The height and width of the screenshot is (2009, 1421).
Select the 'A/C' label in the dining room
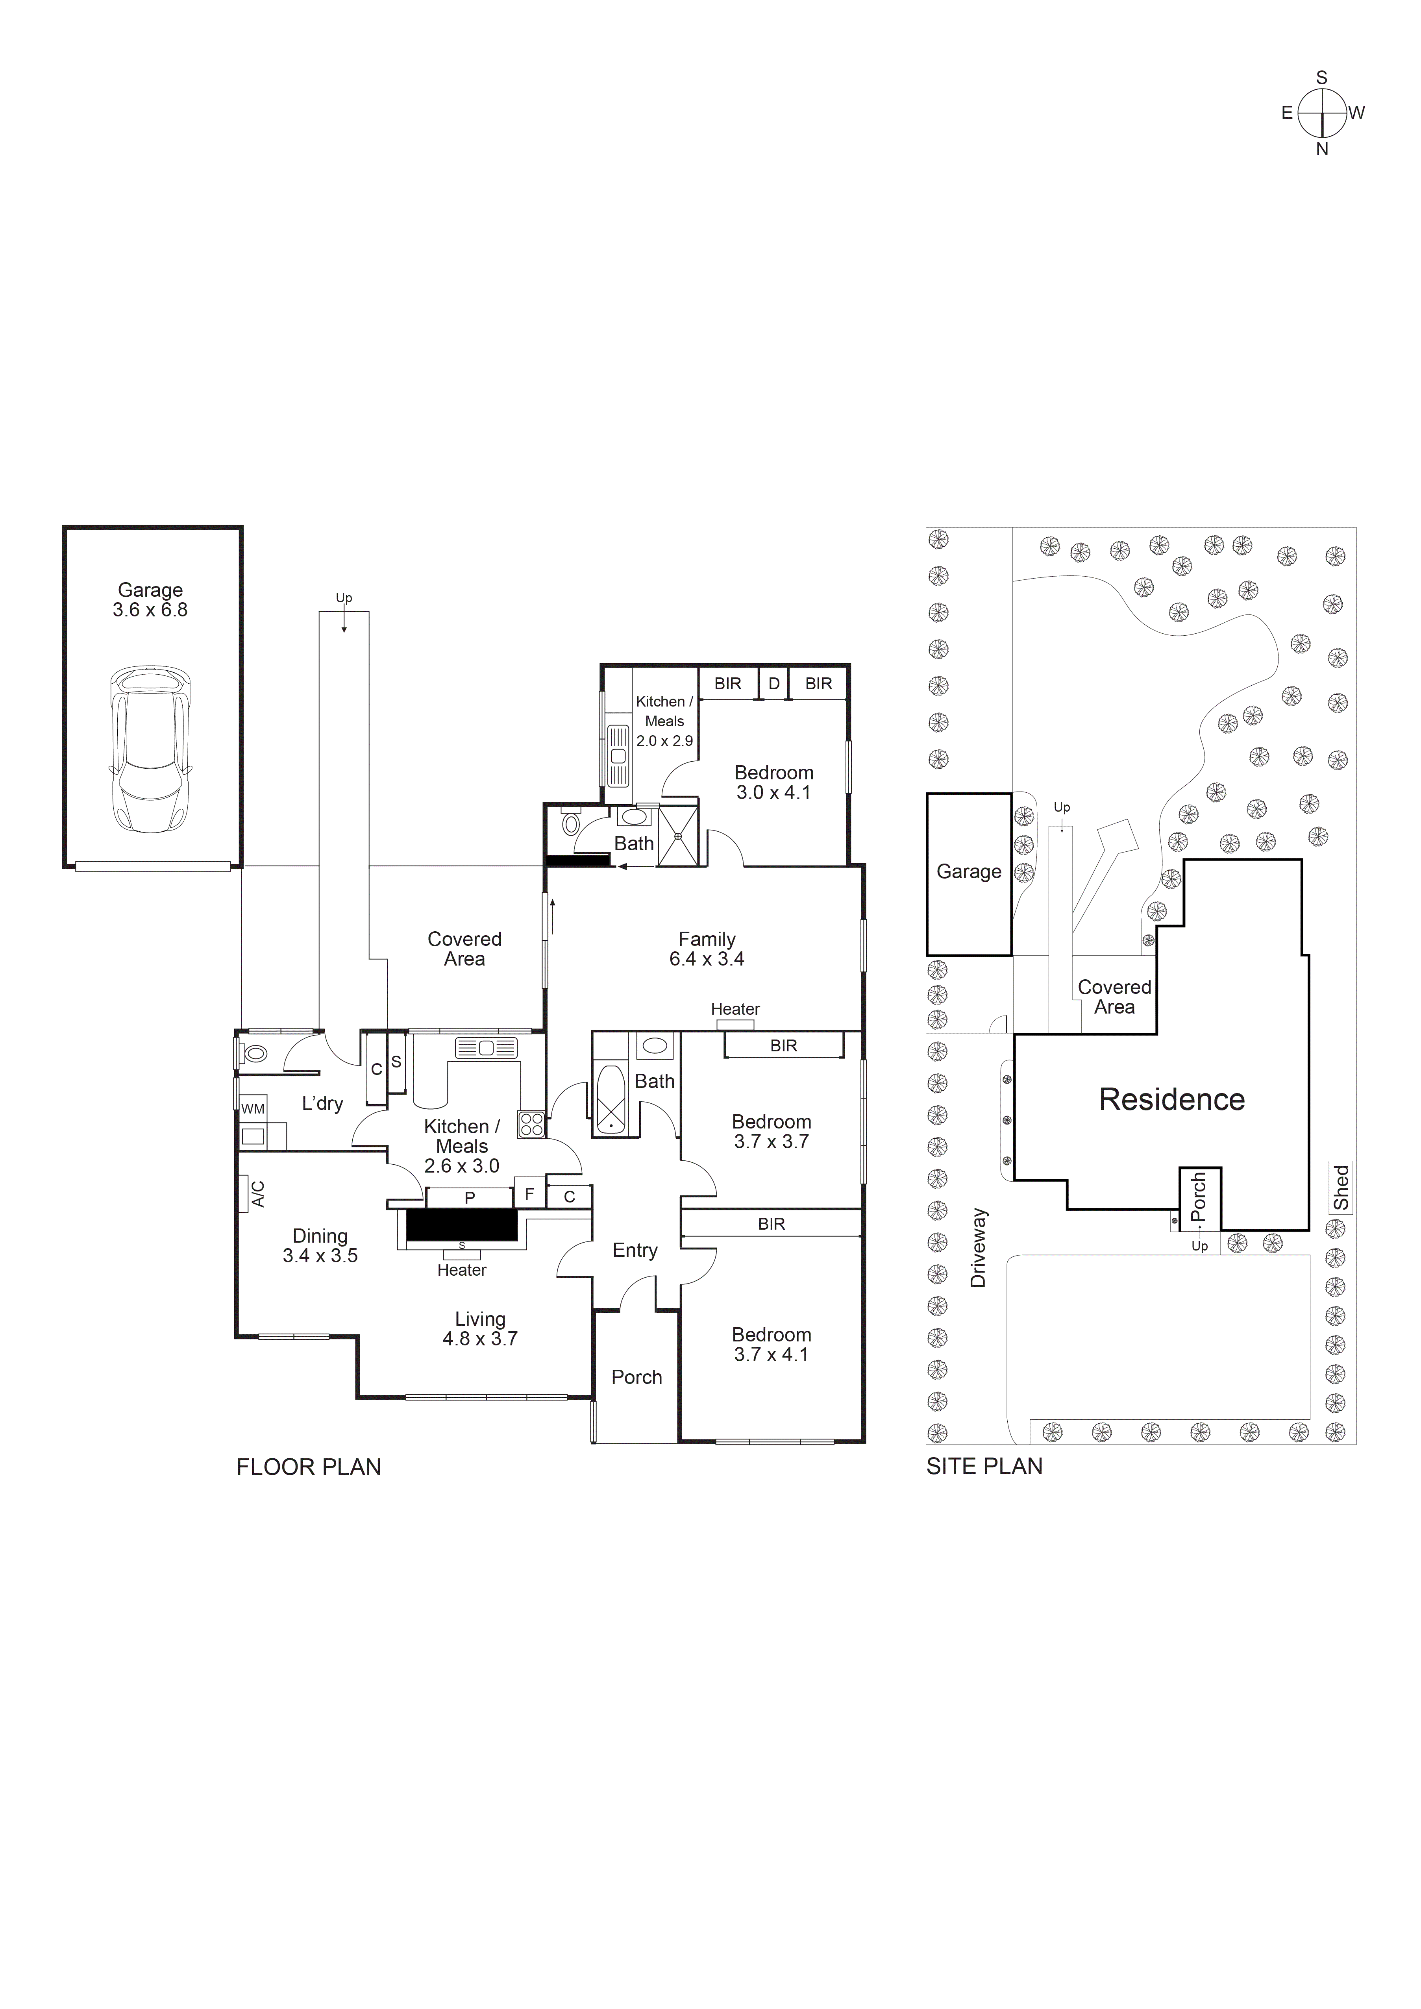click(x=258, y=1194)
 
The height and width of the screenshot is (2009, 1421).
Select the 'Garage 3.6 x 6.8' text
click(x=150, y=600)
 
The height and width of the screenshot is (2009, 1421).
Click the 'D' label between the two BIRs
click(x=773, y=683)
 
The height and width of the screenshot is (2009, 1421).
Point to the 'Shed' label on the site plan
click(x=1340, y=1188)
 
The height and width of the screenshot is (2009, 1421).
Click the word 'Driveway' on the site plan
click(x=978, y=1248)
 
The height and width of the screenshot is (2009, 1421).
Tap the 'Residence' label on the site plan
click(x=1171, y=1100)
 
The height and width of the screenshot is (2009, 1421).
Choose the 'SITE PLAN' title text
click(x=984, y=1467)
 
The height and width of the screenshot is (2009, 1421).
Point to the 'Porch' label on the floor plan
click(x=636, y=1377)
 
